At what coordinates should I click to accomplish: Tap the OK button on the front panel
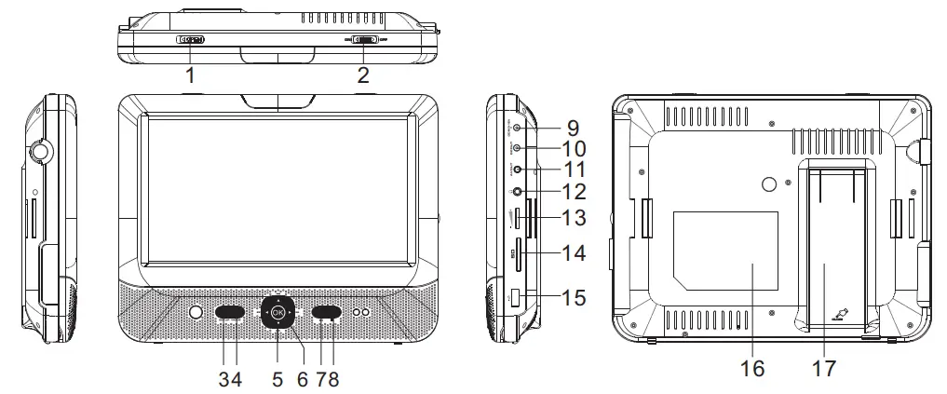[x=277, y=314]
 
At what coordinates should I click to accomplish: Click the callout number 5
[x=277, y=379]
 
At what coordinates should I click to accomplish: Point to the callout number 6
[x=302, y=379]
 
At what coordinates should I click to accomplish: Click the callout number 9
[x=571, y=127]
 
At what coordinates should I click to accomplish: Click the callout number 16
[x=752, y=370]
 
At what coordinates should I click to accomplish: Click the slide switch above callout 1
[x=191, y=40]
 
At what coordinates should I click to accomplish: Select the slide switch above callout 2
[x=364, y=40]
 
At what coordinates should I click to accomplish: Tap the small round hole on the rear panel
[x=768, y=185]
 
